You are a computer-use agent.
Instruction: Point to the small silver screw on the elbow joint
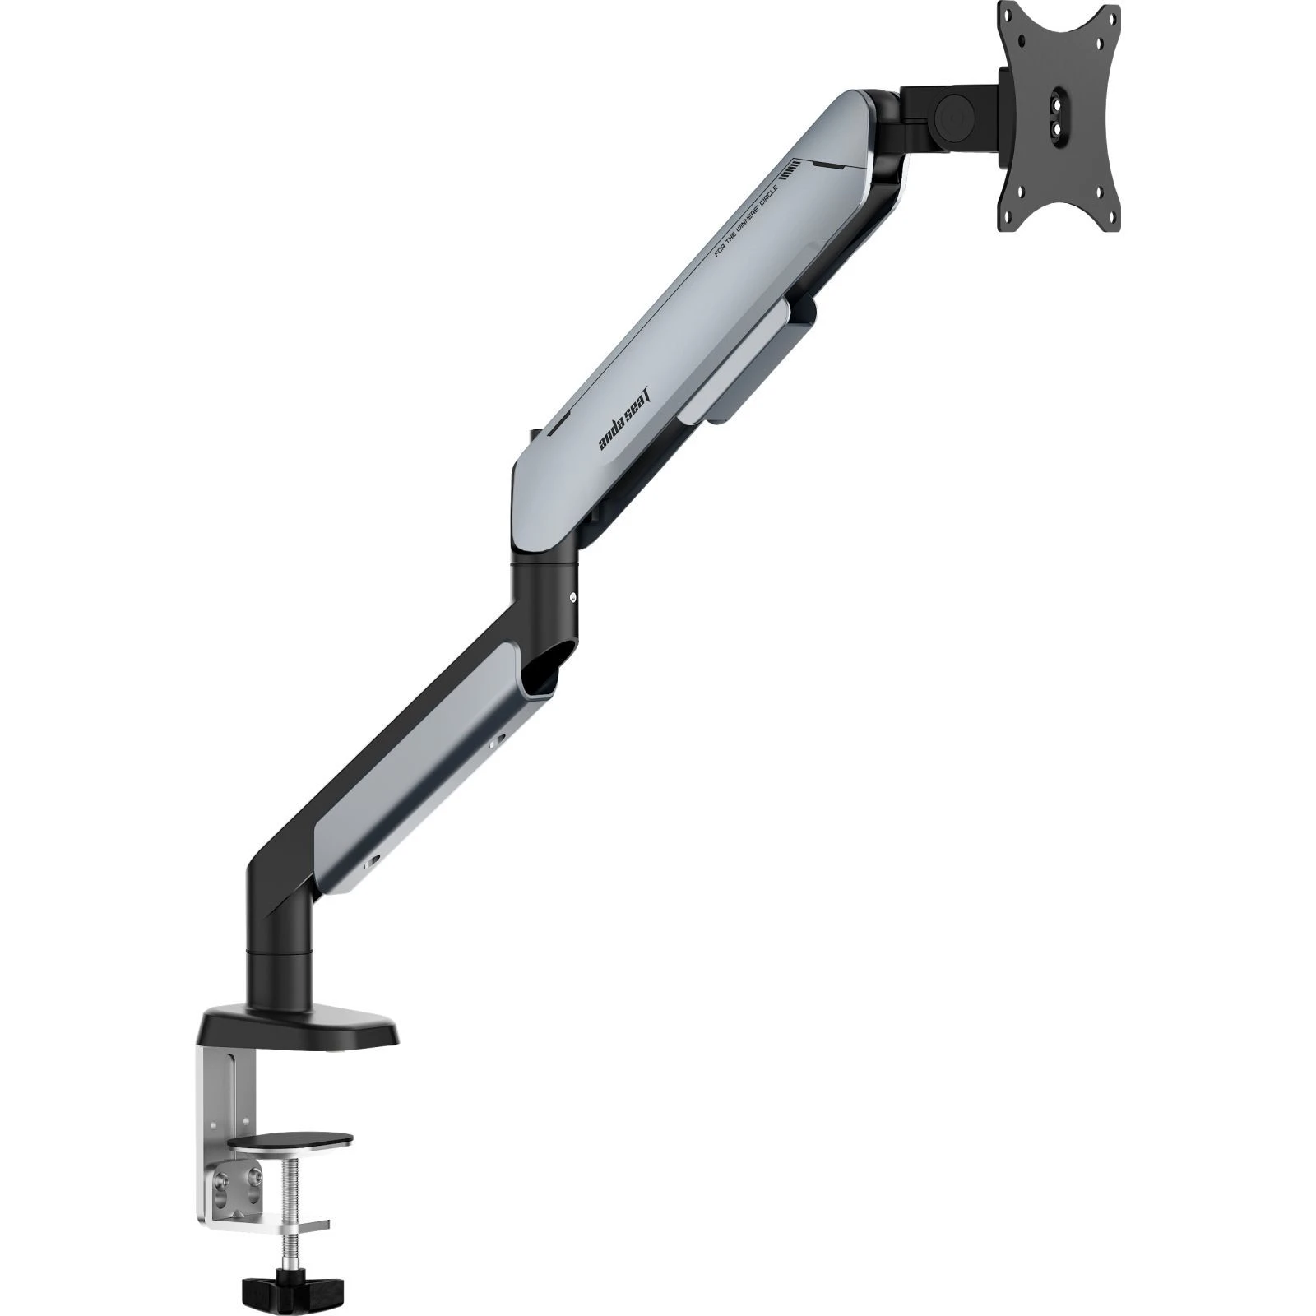573,598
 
